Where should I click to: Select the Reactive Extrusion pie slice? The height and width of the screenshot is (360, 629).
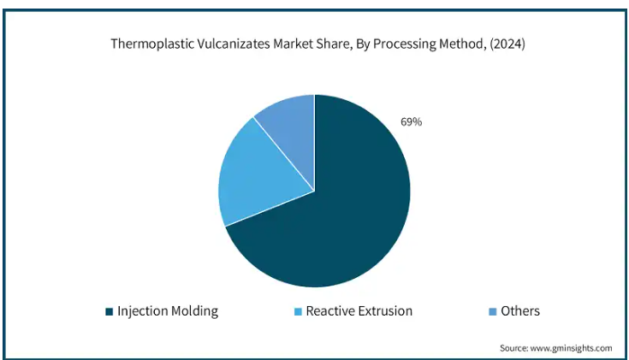point(257,176)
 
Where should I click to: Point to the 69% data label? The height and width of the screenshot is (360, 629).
point(411,122)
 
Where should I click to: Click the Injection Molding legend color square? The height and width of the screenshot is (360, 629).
point(110,311)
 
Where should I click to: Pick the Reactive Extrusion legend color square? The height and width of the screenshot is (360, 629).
point(298,311)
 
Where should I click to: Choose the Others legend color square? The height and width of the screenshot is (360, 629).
point(493,311)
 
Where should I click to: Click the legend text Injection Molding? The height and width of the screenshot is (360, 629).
point(168,311)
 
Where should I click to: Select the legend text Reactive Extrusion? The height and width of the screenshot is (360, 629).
point(359,311)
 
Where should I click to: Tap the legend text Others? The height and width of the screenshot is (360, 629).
point(520,311)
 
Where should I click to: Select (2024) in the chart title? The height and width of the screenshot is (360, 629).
point(507,44)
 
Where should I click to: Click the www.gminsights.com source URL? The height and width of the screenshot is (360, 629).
point(572,348)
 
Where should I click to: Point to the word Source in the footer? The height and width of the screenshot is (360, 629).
point(513,348)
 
